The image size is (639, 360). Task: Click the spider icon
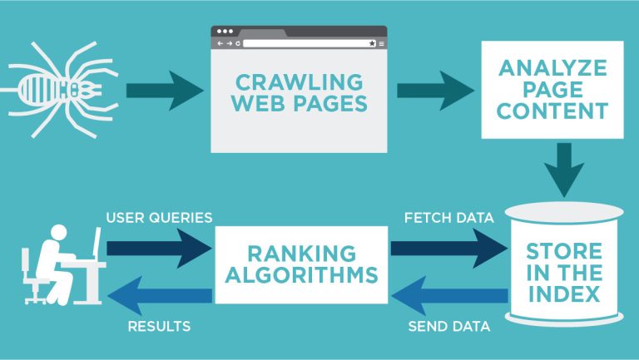tap(62, 87)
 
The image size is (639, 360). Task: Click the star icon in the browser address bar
tap(371, 42)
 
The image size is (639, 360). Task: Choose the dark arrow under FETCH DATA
tap(448, 247)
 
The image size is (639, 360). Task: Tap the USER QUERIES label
tap(159, 218)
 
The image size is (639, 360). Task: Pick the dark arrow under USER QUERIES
tap(159, 247)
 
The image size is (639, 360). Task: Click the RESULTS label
tap(158, 326)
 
